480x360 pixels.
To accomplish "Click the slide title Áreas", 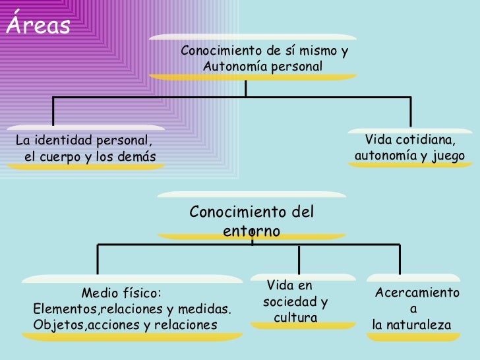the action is pos(38,24).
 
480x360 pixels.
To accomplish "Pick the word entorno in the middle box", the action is pos(251,232).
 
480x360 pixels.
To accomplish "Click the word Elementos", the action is pos(61,309).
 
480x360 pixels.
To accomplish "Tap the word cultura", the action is pos(295,318).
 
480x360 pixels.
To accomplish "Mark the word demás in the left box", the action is pos(137,157).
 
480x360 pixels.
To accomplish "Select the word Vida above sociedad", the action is pos(280,285).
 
